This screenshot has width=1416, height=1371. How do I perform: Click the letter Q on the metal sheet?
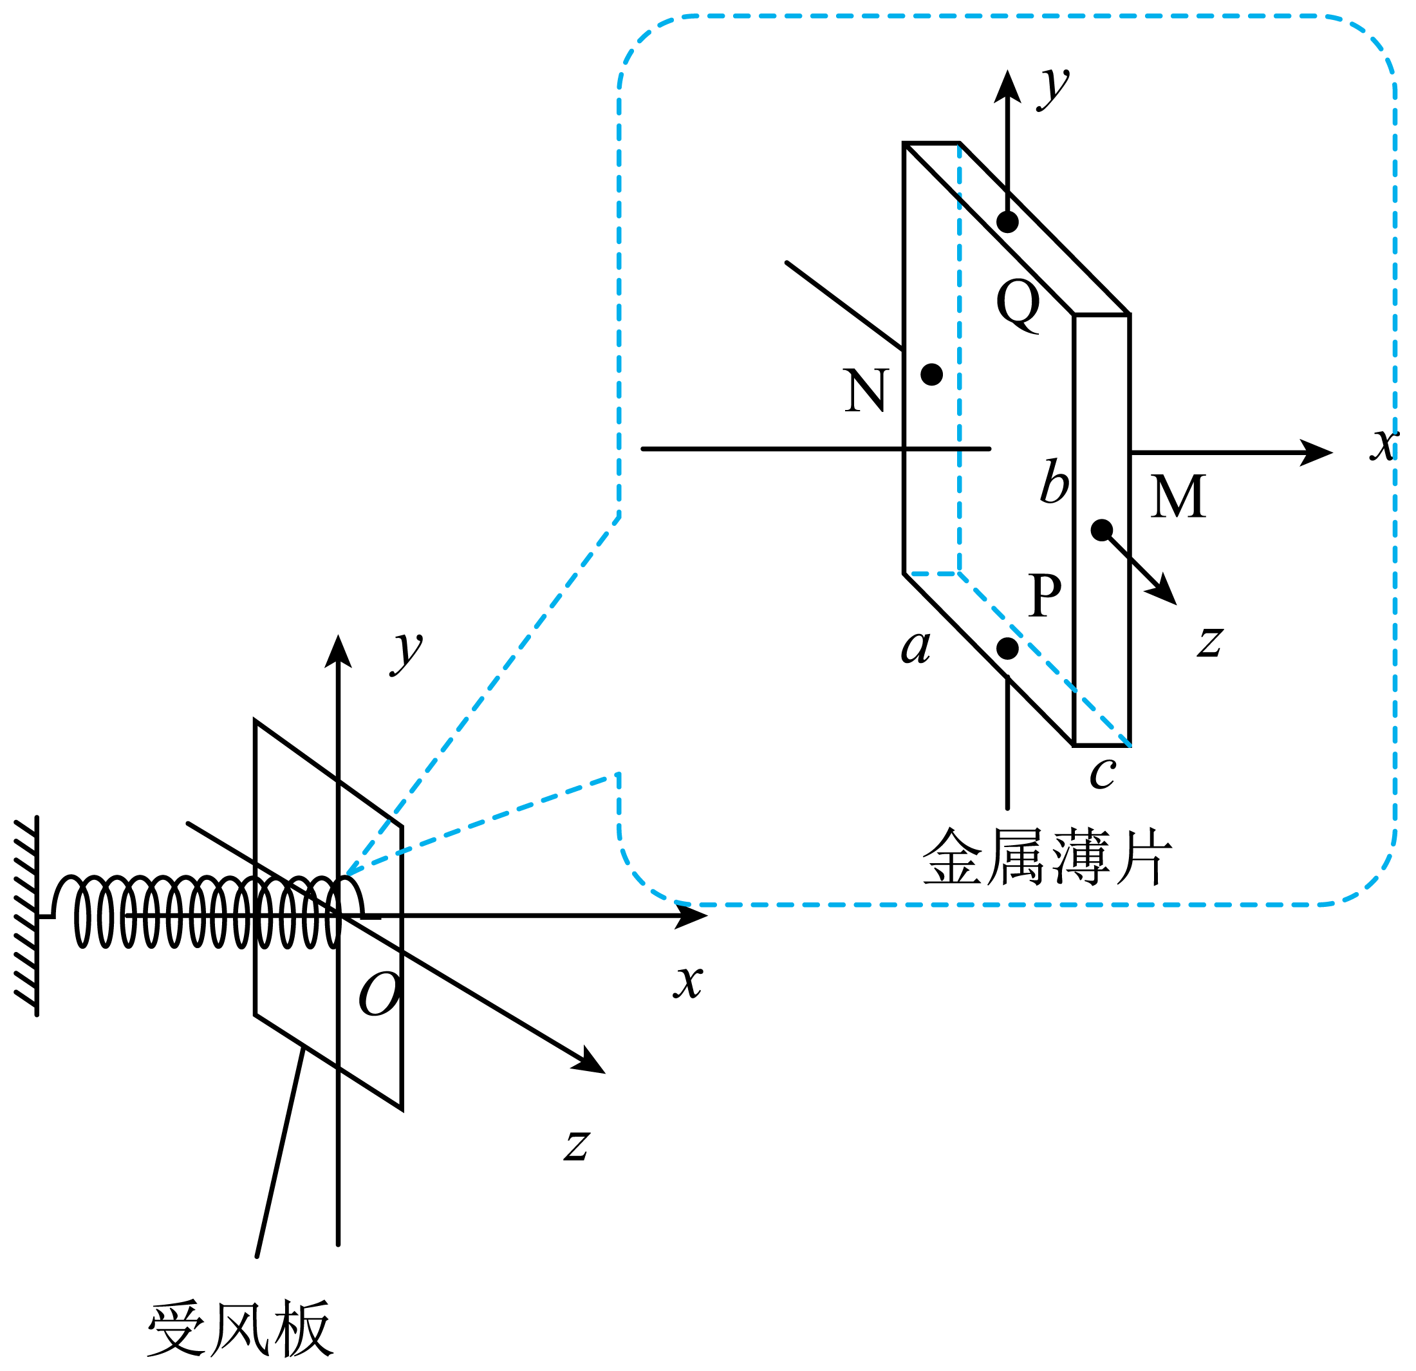point(1018,306)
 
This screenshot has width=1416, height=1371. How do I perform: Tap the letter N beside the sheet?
point(866,390)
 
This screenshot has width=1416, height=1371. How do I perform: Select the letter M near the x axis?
point(1178,496)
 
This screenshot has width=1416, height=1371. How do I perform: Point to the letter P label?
point(1045,595)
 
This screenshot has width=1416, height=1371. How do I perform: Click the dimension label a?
point(916,646)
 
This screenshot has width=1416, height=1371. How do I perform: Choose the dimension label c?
point(1103,774)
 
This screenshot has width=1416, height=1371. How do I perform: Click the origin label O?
point(380,994)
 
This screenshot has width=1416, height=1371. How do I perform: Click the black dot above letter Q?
point(1008,222)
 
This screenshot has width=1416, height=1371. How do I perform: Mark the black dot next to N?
point(932,374)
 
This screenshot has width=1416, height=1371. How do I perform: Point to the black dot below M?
point(1102,530)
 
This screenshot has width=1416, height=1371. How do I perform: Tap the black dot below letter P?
point(1008,649)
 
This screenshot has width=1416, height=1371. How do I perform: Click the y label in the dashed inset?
point(1055,88)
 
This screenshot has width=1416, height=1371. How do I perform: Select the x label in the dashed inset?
point(1384,443)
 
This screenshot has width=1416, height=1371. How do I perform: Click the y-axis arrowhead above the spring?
point(338,651)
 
